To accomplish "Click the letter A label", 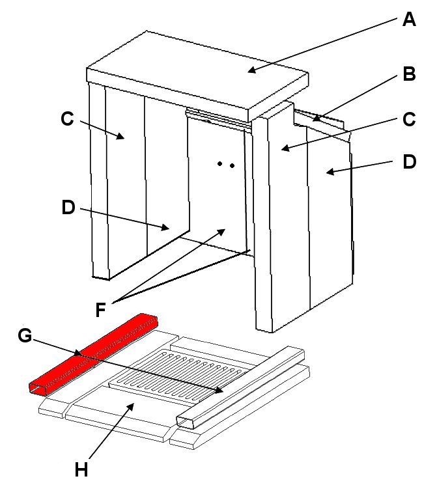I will (408, 20).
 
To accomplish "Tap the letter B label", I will (409, 74).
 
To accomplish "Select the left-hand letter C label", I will (67, 118).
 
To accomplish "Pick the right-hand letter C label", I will (409, 120).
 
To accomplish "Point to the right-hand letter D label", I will (408, 161).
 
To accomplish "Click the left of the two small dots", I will (220, 164).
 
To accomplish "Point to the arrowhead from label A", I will (249, 70).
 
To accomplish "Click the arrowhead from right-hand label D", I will (327, 173).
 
